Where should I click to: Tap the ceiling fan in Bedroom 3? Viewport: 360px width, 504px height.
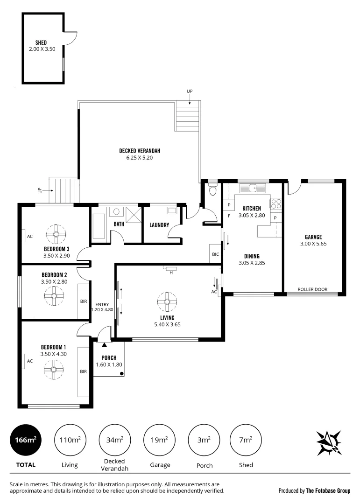coord(56,234)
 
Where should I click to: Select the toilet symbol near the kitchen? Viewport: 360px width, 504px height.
coord(213,189)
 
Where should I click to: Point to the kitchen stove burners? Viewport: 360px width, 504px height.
coord(276,203)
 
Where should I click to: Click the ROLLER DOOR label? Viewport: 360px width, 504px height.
coord(313,289)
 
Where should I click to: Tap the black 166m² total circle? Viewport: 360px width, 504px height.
coord(25,440)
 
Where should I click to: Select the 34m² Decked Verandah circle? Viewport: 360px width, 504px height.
coord(114,440)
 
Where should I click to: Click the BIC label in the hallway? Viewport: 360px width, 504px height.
coord(215,254)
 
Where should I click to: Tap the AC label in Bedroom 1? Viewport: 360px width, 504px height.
coord(29,361)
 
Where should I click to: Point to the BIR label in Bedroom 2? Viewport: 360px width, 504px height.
coord(84,301)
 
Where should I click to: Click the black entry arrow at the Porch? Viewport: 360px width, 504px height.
coord(104,345)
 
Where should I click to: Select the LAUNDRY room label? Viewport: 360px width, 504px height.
coord(159,225)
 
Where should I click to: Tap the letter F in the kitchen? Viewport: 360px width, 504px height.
coord(229,216)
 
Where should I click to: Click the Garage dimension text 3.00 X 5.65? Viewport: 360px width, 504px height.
coord(313,244)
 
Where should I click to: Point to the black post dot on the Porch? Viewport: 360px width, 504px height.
coord(121,373)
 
